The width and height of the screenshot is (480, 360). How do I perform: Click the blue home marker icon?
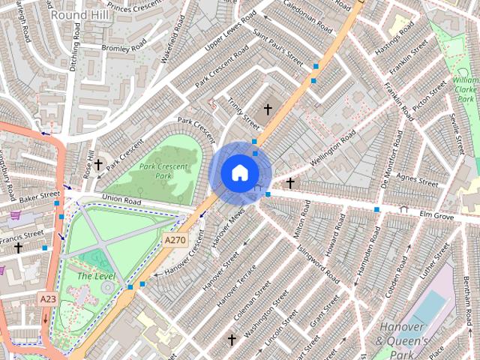click(239, 172)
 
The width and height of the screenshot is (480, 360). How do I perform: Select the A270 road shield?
click(175, 240)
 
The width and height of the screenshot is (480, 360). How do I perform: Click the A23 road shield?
click(48, 298)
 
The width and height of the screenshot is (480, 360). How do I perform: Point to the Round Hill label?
click(77, 13)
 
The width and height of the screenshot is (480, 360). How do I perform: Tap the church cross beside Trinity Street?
click(268, 109)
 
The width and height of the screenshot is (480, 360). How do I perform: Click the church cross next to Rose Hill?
click(97, 164)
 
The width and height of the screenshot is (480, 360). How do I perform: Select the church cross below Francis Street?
click(18, 247)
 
